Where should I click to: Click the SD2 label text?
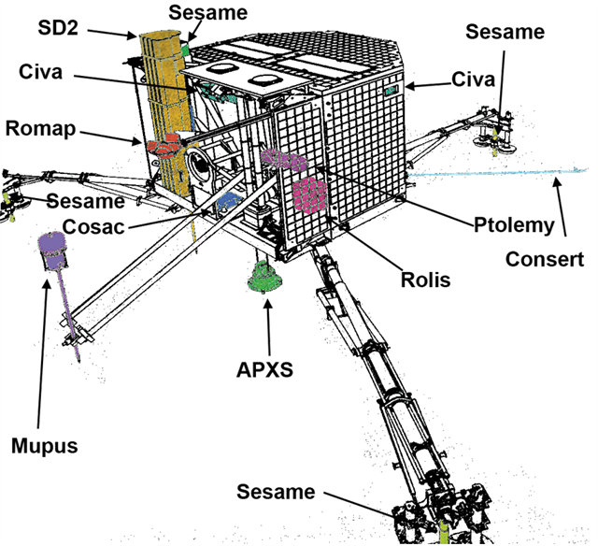point(58,28)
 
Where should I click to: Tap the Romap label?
point(40,129)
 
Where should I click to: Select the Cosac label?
point(93,227)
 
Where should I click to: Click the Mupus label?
point(45,446)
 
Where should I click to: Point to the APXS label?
point(264,369)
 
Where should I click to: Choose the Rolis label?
point(426,280)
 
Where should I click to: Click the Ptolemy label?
point(514,225)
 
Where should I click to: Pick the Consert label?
point(545,260)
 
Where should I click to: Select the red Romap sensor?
point(164,146)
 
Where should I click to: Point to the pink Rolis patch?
point(309,194)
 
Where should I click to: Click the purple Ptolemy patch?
point(284,159)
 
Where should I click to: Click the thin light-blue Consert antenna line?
point(497,172)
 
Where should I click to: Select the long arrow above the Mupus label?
point(43,354)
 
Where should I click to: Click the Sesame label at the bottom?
point(276,492)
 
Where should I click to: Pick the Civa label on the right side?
point(473,79)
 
